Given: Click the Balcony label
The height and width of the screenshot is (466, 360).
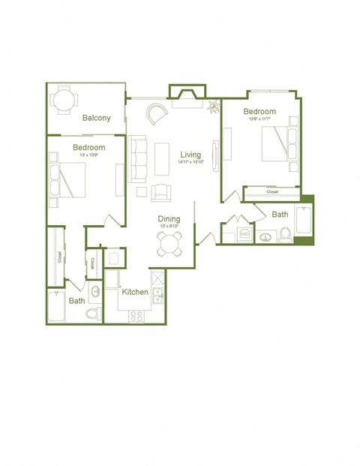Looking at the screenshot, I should pos(97,118).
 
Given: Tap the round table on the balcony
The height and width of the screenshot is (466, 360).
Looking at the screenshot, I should pos(63,99).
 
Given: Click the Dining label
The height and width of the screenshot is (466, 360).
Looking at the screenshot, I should pos(169,219).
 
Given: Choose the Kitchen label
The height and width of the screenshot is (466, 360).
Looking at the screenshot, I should pos(135,292).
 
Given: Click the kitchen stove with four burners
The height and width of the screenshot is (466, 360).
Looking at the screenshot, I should pos(136,316).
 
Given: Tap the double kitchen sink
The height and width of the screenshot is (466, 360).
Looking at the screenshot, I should pos(158,297).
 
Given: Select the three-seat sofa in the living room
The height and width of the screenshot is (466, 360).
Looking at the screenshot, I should pos(139,158).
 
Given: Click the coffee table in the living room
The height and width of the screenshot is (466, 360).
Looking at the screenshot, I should pos(163,158).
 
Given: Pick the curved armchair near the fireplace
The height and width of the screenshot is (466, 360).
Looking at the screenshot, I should pos(157,114).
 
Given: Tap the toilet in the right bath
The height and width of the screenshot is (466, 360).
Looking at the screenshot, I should pos(285,236).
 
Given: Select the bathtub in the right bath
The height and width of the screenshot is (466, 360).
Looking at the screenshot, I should pos(304,219).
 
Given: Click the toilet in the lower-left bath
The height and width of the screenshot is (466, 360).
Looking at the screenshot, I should pos(92,312).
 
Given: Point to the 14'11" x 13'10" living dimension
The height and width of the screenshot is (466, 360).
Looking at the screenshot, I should pos(190,162).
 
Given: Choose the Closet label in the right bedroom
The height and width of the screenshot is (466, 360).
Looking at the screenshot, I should pos(271,192).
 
